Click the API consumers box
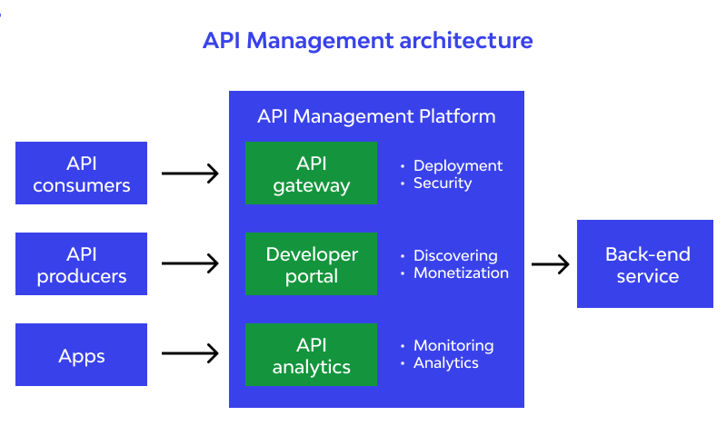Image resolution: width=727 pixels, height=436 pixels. point(81,173)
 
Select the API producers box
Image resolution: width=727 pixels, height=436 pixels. point(81,264)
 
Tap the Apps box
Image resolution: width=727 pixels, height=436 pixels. point(81,355)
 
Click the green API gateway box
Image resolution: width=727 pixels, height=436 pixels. point(311,173)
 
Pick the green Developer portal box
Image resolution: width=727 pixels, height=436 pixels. point(311,264)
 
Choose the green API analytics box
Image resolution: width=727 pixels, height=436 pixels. point(311,355)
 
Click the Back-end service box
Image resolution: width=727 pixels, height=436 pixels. point(645,264)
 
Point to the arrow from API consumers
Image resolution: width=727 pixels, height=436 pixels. point(191,173)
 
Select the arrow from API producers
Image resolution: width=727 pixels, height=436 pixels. point(191,264)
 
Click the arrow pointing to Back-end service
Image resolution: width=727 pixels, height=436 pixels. point(551,264)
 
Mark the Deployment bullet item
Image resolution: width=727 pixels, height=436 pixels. point(457,165)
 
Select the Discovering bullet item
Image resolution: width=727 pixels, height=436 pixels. point(455,255)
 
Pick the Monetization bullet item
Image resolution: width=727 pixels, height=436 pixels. point(461,272)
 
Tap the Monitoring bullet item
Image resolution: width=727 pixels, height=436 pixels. point(453,345)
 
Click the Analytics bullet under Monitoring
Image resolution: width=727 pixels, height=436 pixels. point(445,362)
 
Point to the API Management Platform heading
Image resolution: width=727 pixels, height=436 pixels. point(376,116)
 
